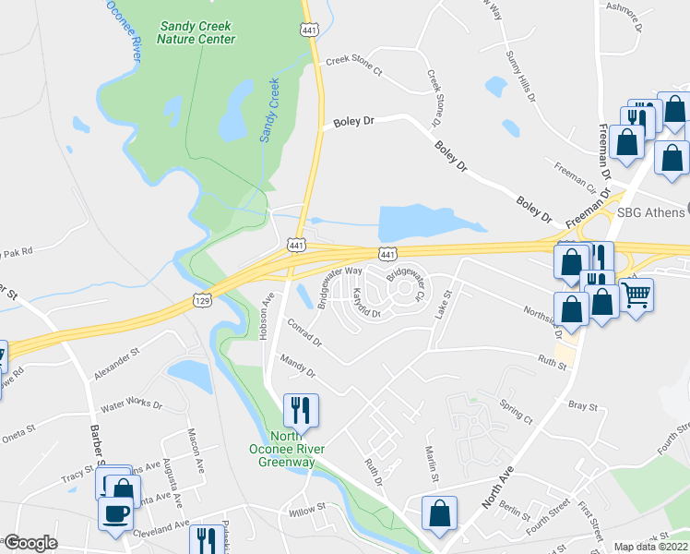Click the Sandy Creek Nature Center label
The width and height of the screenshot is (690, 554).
pyautogui.click(x=196, y=32)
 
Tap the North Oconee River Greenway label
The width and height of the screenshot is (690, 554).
pyautogui.click(x=291, y=450)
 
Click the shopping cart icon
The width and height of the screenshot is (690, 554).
pyautogui.click(x=636, y=295)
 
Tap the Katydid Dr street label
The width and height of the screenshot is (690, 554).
pyautogui.click(x=364, y=306)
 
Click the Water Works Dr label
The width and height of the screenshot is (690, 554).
pyautogui.click(x=131, y=404)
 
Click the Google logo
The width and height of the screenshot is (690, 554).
pyautogui.click(x=30, y=543)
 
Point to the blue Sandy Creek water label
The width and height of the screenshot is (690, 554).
pyautogui.click(x=269, y=110)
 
